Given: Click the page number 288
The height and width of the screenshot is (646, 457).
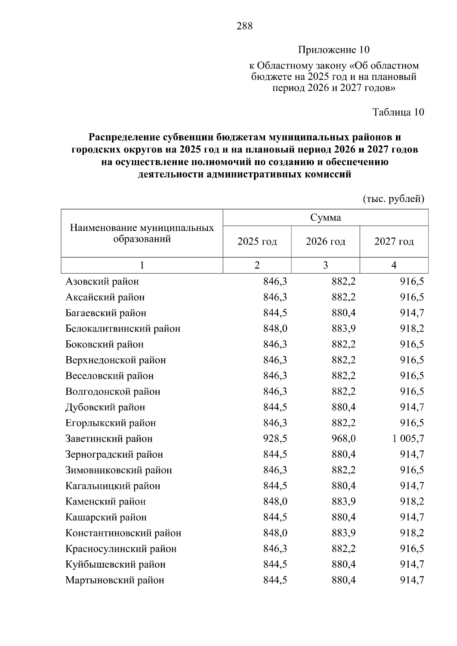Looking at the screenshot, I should [x=244, y=26].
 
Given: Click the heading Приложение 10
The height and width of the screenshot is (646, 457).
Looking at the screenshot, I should [x=334, y=50].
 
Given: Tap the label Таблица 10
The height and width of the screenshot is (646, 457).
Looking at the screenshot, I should [x=398, y=112].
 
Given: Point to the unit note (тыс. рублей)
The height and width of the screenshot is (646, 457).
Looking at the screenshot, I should [x=393, y=199].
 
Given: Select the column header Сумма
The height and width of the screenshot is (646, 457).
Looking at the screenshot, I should [x=326, y=218].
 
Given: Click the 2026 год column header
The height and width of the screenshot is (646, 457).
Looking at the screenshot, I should [x=326, y=242].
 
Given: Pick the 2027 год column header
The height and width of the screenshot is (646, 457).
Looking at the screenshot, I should [x=394, y=242].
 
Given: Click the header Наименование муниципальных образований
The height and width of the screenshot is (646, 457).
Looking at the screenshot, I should [x=142, y=233].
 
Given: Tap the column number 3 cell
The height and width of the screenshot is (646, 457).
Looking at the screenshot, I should [x=326, y=265].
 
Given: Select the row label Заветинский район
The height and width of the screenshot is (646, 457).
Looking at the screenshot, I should [x=109, y=439].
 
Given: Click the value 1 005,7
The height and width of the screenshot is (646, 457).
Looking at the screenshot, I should [x=408, y=439].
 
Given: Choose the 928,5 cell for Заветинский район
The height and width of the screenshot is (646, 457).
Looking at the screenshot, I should [x=275, y=439].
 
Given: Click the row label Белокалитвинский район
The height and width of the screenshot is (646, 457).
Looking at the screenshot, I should [x=123, y=329].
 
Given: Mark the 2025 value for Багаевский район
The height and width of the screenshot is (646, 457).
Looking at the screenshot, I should [x=275, y=313].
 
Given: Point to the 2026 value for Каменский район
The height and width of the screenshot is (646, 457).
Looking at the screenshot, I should [x=344, y=501].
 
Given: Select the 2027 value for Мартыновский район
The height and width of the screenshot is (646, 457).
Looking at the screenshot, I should [x=412, y=580].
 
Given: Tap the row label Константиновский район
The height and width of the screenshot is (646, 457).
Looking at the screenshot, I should [x=123, y=533].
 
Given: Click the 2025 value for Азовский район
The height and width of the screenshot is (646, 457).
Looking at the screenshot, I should [x=275, y=282].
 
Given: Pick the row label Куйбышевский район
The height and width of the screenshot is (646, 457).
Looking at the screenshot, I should [x=115, y=565].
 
